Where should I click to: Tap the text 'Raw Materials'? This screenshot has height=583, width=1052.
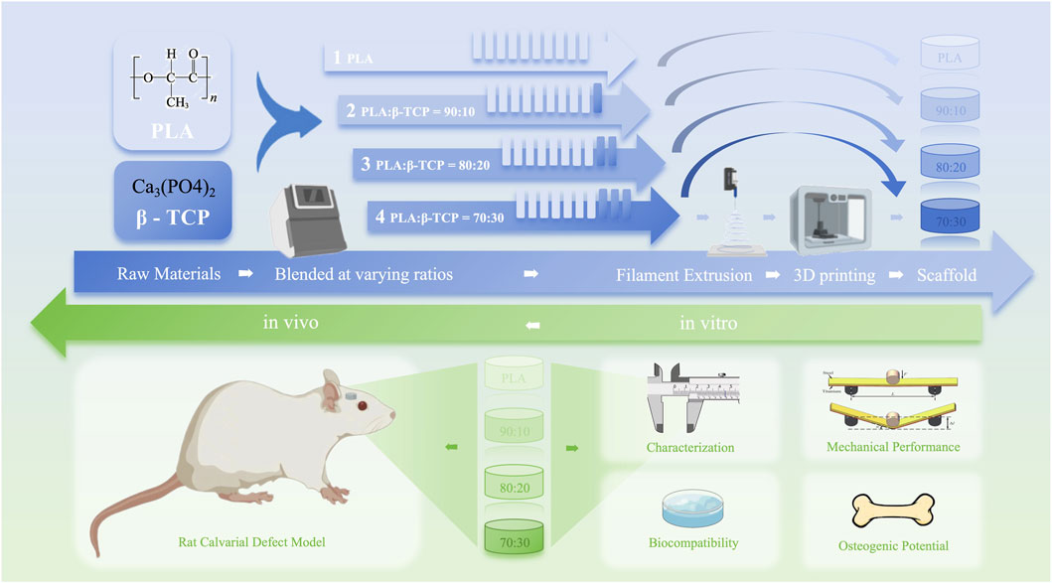pyautogui.click(x=168, y=274)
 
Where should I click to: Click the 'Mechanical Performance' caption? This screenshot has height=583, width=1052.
pyautogui.click(x=893, y=447)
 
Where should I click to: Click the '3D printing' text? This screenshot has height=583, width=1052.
pyautogui.click(x=833, y=274)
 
